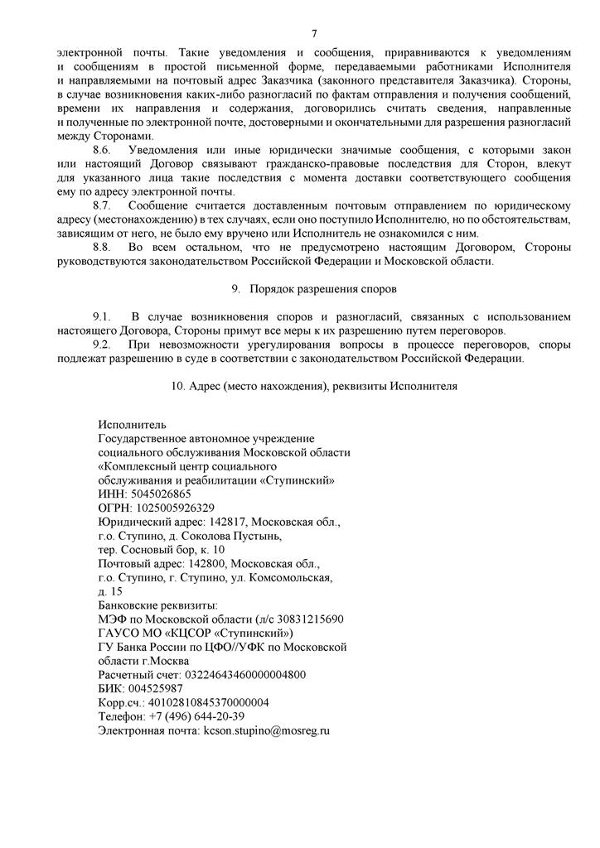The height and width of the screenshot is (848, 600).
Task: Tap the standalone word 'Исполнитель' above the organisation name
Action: pos(132,425)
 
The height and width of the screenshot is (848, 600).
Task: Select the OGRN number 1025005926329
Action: pos(175,508)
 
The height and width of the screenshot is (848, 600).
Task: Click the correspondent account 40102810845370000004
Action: pos(208,702)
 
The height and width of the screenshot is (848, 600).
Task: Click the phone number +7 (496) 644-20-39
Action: pos(196,716)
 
